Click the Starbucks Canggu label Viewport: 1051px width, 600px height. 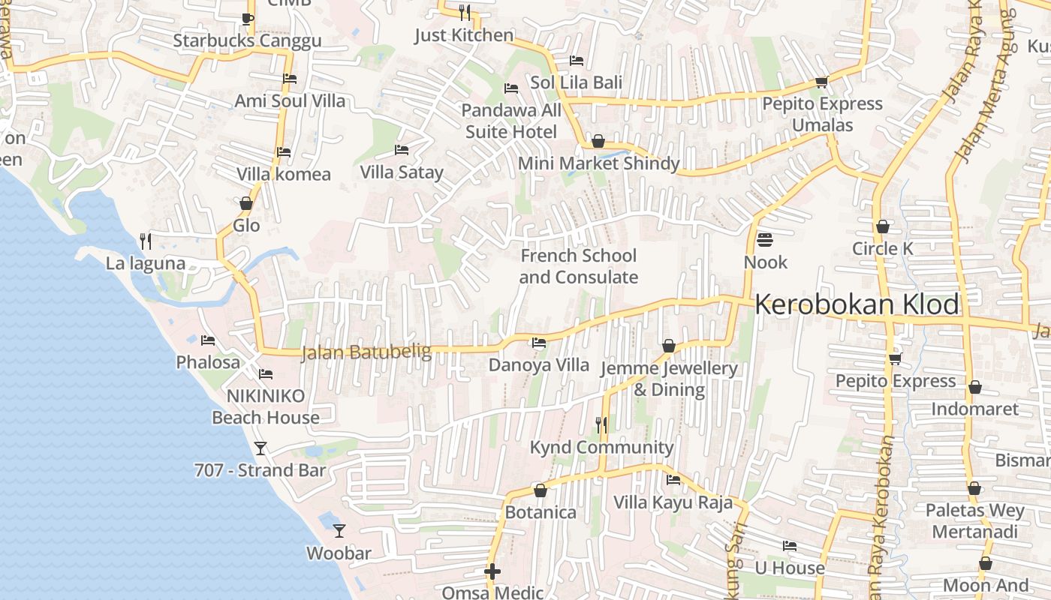(247, 40)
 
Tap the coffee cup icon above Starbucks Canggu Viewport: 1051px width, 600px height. (247, 19)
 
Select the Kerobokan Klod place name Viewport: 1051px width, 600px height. (857, 304)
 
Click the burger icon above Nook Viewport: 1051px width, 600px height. (765, 240)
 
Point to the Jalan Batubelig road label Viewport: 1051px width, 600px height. (366, 352)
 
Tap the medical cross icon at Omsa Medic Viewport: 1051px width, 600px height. (492, 571)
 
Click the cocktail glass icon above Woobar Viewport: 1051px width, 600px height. (339, 530)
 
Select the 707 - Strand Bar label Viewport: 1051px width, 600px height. (260, 470)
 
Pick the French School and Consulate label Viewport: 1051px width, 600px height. (579, 266)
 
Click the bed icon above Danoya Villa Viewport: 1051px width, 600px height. (538, 343)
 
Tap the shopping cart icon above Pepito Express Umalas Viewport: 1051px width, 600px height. (821, 82)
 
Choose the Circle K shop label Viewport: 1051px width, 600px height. (886, 248)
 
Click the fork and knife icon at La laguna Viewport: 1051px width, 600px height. (146, 241)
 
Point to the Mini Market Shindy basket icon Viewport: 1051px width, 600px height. (598, 141)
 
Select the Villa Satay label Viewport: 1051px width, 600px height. (402, 172)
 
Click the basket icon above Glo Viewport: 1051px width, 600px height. (246, 203)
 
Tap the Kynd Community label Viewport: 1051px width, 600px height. (602, 447)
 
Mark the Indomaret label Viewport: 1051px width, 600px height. (974, 409)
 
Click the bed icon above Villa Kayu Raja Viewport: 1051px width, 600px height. (673, 480)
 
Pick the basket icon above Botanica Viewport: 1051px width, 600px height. (541, 490)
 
